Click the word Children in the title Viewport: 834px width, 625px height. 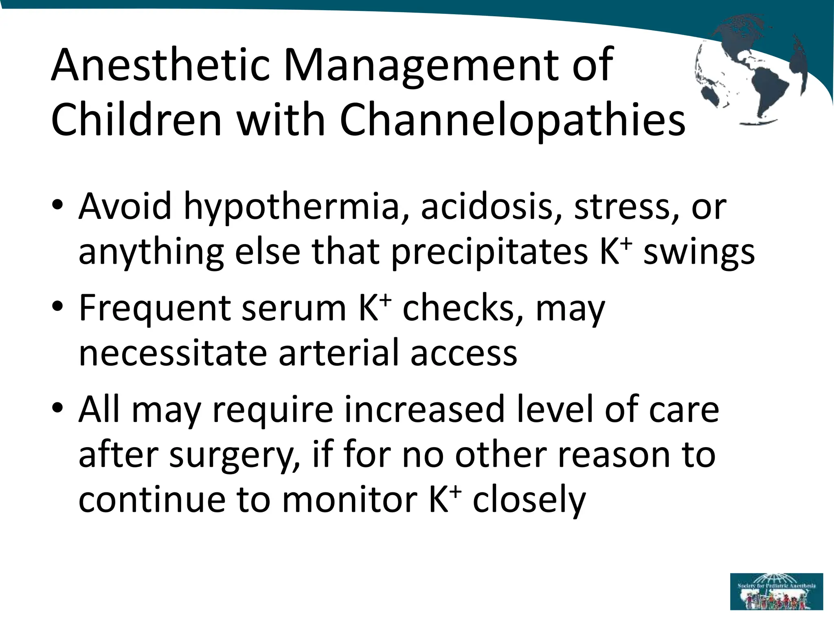(x=136, y=120)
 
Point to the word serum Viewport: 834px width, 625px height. (x=293, y=308)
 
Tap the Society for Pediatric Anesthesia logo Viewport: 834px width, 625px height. (x=776, y=591)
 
